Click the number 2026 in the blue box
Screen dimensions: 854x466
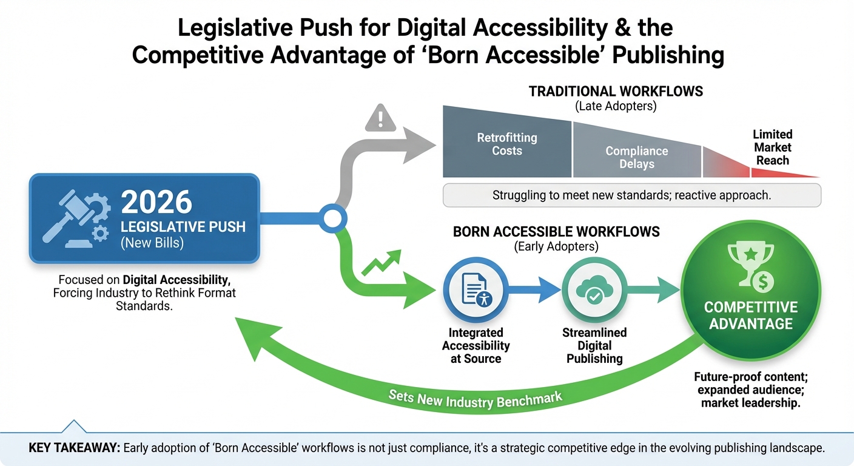[156, 202]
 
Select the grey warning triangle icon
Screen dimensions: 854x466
[380, 118]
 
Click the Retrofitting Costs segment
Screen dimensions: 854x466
[507, 144]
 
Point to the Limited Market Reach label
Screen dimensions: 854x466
[772, 147]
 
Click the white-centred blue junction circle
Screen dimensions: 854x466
[332, 218]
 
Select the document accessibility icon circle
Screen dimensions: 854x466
[476, 290]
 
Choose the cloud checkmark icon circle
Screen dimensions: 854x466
[594, 290]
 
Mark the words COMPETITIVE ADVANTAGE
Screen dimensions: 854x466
[751, 316]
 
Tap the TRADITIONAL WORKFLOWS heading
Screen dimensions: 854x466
[616, 92]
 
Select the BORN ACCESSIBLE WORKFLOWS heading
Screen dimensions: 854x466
[556, 232]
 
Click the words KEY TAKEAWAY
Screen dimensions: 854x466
[75, 448]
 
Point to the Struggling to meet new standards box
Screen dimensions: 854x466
[632, 195]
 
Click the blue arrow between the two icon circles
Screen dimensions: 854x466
[535, 290]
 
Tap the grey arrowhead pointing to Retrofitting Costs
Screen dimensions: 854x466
[419, 145]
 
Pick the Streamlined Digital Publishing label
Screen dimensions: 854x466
[594, 345]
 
